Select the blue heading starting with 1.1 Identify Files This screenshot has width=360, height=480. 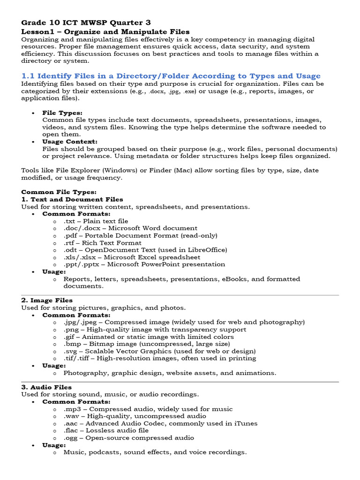pyautogui.click(x=171, y=76)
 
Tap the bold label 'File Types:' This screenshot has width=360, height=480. pyautogui.click(x=62, y=113)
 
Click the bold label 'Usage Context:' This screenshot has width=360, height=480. pyautogui.click(x=70, y=142)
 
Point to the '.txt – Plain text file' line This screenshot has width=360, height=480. pyautogui.click(x=96, y=221)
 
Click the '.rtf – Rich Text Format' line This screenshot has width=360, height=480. pyautogui.click(x=102, y=243)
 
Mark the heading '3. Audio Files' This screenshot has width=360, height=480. pyautogui.click(x=46, y=387)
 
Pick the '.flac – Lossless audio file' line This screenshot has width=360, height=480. pyautogui.click(x=106, y=430)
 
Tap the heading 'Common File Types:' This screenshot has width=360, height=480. pyautogui.click(x=59, y=192)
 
